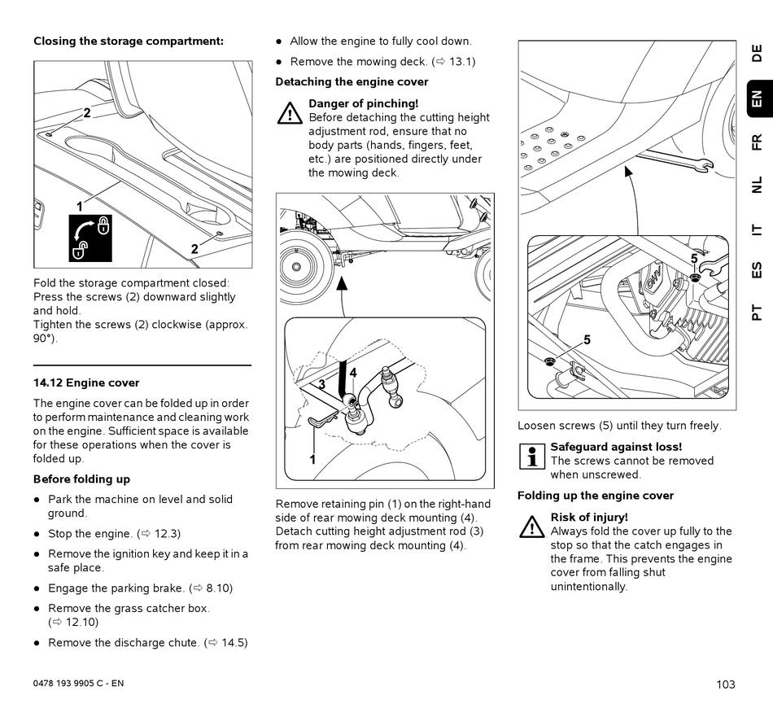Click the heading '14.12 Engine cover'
[x=86, y=383]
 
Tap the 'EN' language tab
[x=758, y=99]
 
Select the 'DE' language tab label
[x=758, y=54]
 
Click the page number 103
[x=726, y=684]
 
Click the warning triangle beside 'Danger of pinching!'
[x=290, y=113]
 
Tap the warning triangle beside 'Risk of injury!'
[x=532, y=527]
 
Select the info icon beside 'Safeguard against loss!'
[x=532, y=456]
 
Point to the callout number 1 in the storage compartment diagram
[x=80, y=207]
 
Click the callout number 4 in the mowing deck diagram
[x=353, y=373]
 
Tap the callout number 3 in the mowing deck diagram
[x=322, y=384]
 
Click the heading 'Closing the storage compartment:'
[x=129, y=41]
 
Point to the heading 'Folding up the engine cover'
[x=596, y=496]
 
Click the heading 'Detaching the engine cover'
[x=352, y=81]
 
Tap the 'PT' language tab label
[x=758, y=312]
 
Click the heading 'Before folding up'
[x=81, y=479]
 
